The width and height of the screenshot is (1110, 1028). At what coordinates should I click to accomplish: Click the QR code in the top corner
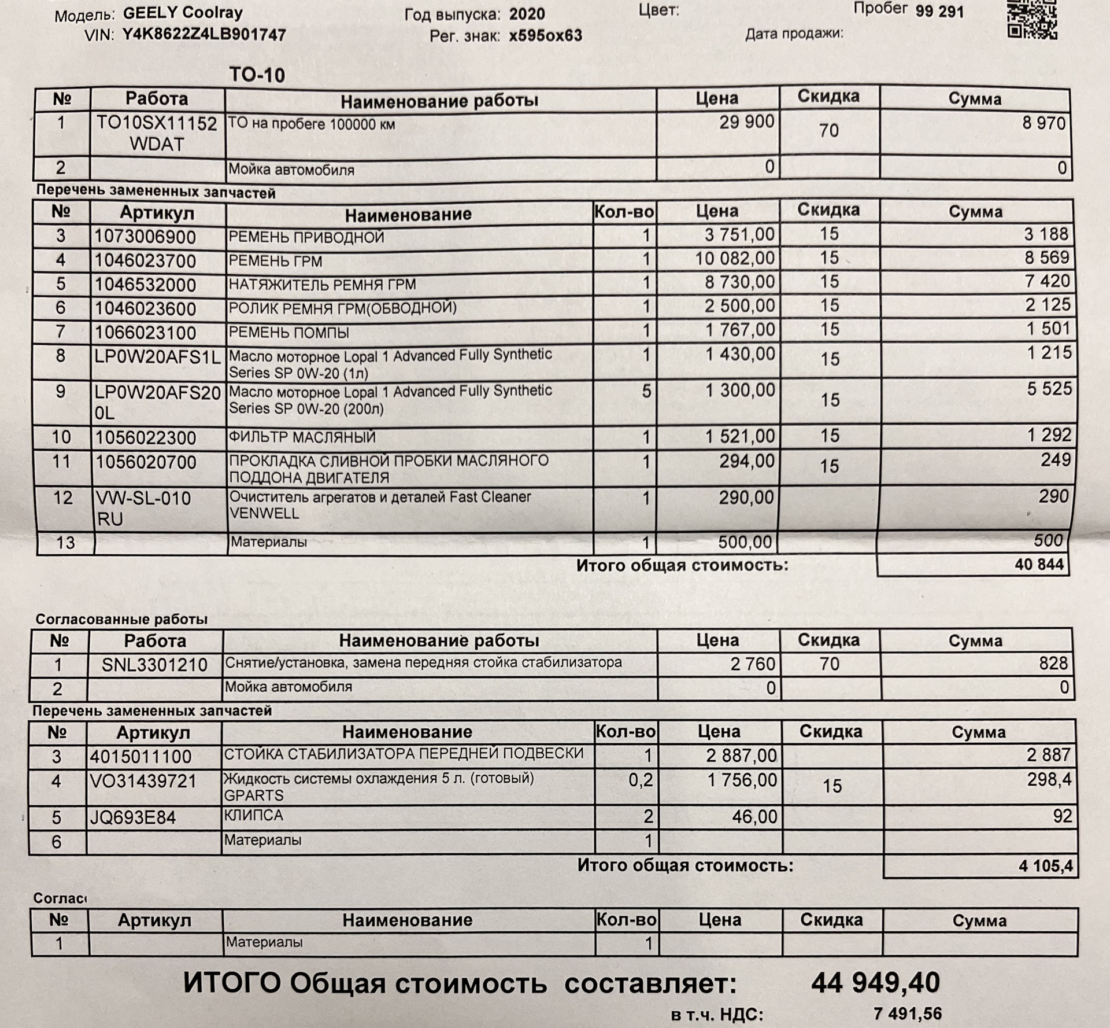(x=1032, y=20)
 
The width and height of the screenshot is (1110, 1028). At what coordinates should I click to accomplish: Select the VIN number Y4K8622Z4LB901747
(x=204, y=35)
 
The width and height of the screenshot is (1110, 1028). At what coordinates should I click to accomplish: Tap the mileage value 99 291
(x=939, y=12)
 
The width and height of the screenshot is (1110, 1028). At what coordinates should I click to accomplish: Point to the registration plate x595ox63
(x=545, y=36)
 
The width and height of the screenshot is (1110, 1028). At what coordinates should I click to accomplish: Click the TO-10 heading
(x=257, y=75)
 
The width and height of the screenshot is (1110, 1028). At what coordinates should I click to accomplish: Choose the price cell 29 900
(x=746, y=122)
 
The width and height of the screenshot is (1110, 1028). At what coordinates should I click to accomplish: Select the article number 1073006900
(x=145, y=237)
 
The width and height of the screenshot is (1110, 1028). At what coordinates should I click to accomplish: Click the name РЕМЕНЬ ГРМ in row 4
(x=275, y=261)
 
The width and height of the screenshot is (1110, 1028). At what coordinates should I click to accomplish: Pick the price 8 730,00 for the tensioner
(x=739, y=282)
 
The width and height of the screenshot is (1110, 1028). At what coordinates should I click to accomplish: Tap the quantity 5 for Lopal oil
(x=646, y=392)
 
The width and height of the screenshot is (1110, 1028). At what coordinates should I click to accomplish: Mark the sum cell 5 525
(x=1049, y=389)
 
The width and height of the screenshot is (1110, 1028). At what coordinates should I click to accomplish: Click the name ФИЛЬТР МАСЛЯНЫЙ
(x=302, y=437)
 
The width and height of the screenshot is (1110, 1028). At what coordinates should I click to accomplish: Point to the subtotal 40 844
(x=1039, y=565)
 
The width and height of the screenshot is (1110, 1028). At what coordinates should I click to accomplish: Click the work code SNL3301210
(x=154, y=665)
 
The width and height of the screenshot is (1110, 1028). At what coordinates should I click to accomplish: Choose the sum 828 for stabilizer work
(x=1053, y=663)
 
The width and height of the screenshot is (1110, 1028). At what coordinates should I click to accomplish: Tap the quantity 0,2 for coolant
(x=641, y=780)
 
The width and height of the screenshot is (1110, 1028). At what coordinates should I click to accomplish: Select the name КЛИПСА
(x=253, y=816)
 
